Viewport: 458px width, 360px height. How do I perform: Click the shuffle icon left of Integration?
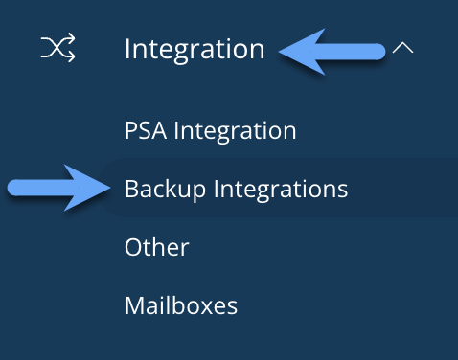pyautogui.click(x=57, y=48)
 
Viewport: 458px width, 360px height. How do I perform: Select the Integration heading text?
pyautogui.click(x=195, y=48)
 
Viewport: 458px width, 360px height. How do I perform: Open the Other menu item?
pyautogui.click(x=156, y=247)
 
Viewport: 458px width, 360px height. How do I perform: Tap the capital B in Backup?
pyautogui.click(x=131, y=189)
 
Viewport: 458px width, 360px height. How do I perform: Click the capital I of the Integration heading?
pyautogui.click(x=128, y=48)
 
